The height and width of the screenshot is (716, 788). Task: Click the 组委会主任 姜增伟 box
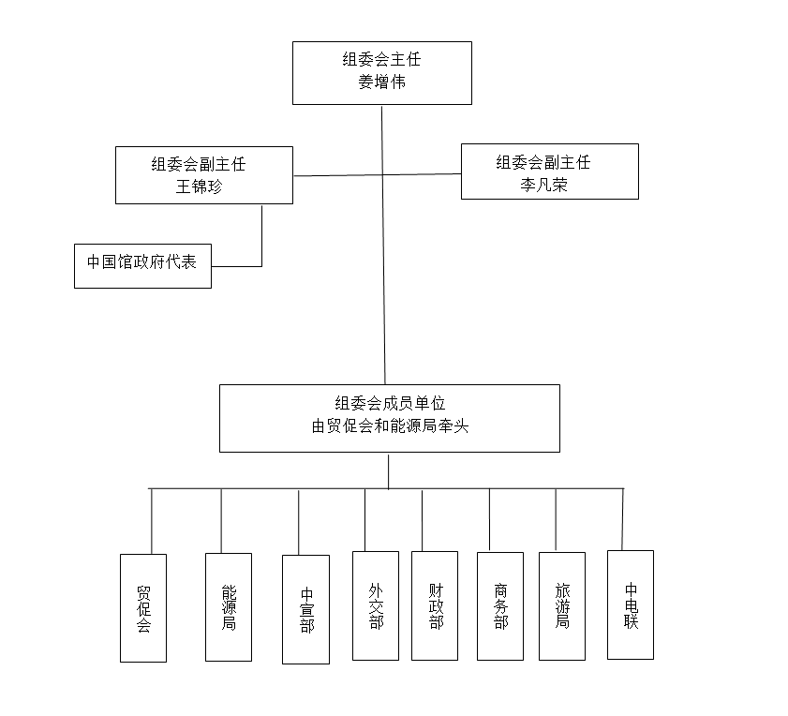(381, 72)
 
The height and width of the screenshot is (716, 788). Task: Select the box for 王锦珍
(203, 174)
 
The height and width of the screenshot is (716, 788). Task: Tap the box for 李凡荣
(549, 171)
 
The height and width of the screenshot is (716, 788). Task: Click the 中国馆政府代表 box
(142, 265)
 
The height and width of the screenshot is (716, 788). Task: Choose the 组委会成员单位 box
(389, 418)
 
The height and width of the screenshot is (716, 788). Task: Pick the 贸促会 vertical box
(143, 608)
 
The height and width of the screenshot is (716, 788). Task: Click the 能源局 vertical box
(229, 607)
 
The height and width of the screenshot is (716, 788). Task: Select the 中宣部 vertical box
(305, 609)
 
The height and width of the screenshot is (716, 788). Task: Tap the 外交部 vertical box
(376, 605)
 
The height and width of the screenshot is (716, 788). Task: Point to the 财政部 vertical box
(435, 605)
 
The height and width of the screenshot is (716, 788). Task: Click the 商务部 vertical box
(499, 605)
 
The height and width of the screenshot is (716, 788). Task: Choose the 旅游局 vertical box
(562, 605)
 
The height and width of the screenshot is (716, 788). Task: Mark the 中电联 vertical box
(631, 604)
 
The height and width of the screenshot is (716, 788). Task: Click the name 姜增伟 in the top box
(381, 82)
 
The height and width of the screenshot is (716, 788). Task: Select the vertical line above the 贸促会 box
(151, 521)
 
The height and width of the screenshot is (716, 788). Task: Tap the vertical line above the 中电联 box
(623, 518)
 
